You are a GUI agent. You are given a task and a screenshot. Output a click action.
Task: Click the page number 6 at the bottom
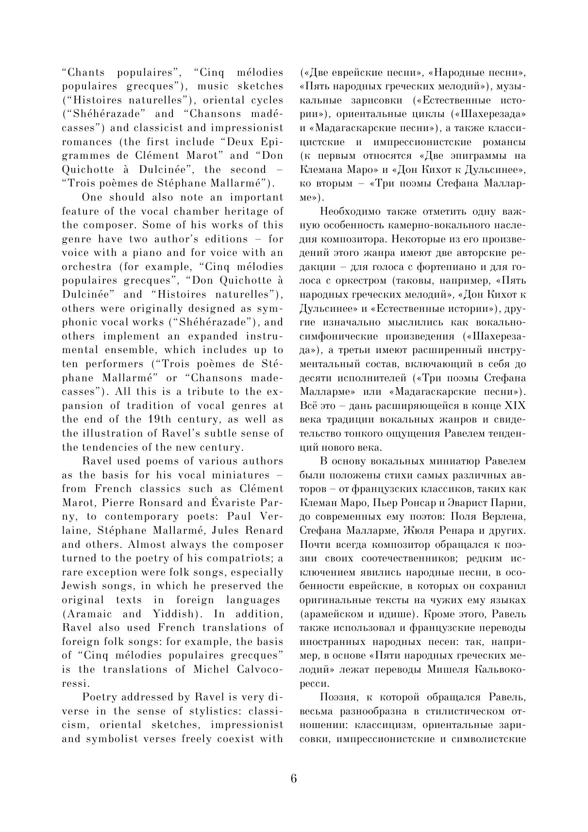[294, 778]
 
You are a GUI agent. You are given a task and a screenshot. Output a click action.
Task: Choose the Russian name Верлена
[504, 516]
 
